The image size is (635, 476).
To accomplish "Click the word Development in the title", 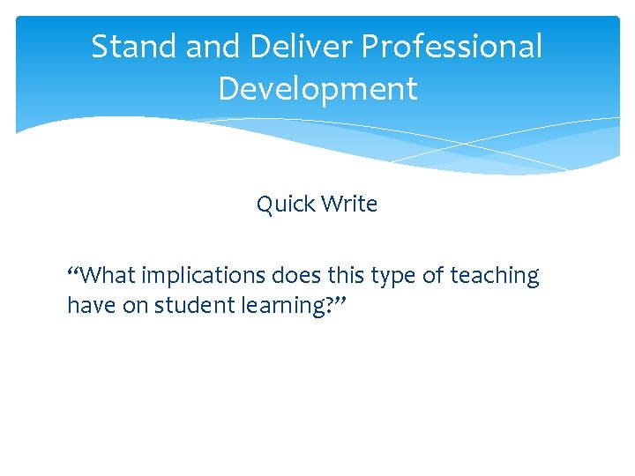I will (x=317, y=89).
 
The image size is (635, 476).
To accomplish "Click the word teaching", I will (x=494, y=276).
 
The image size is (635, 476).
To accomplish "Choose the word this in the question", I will (x=346, y=276).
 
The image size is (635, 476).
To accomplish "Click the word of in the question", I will (x=433, y=276).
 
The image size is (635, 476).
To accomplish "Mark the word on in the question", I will (x=137, y=305).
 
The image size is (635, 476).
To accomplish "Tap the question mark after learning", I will (x=332, y=305).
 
